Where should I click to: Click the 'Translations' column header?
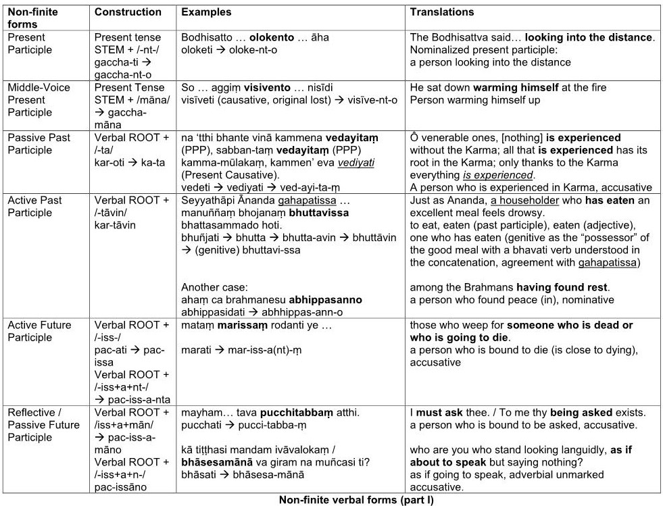pyautogui.click(x=442, y=12)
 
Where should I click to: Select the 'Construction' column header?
pyautogui.click(x=128, y=12)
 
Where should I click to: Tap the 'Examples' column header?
pyautogui.click(x=206, y=12)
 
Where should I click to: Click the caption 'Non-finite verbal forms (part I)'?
pyautogui.click(x=355, y=500)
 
